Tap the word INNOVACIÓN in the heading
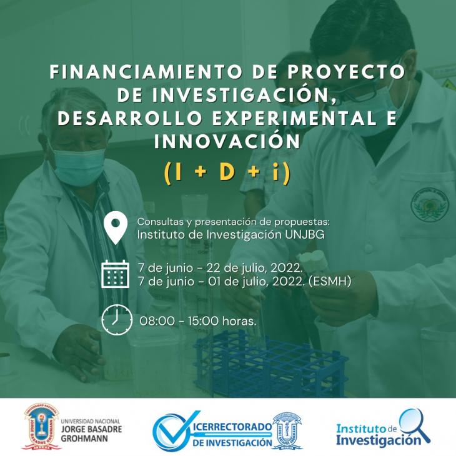point(227,141)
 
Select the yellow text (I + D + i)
point(227,172)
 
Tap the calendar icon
point(115,274)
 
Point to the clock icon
point(116,320)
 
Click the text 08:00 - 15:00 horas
point(198,321)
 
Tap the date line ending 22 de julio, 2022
point(220,268)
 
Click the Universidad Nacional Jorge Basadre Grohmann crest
point(41,427)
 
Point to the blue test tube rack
point(270,364)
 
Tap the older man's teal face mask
point(79,166)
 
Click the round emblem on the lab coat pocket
point(430,204)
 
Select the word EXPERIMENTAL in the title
point(294,118)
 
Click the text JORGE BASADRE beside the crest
point(91,429)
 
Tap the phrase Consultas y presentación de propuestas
point(234,222)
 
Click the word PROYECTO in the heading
point(346,72)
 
